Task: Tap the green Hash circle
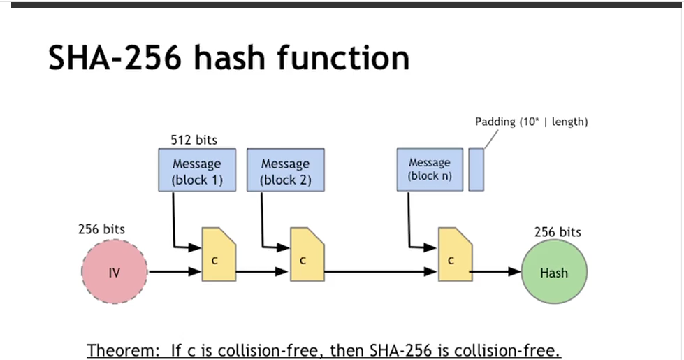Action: tap(554, 273)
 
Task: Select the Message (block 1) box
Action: tap(196, 170)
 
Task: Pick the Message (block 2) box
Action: tap(285, 170)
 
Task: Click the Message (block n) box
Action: tap(429, 169)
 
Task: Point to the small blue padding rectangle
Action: tap(476, 169)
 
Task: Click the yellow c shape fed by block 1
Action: tap(219, 254)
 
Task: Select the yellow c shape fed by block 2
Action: tap(306, 254)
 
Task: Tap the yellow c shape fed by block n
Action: tap(454, 254)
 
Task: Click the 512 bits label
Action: tap(194, 140)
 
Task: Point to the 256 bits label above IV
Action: tap(102, 229)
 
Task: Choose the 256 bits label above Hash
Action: tap(558, 232)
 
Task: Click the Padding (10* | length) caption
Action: tap(531, 122)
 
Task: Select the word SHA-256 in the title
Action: tap(116, 57)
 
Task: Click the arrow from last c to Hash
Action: tap(495, 273)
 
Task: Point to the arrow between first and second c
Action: tap(263, 273)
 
